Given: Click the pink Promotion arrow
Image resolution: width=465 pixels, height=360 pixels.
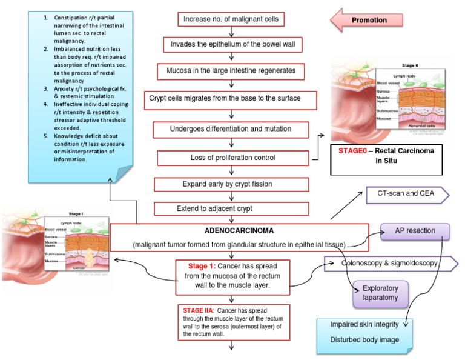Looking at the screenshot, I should point(368,21).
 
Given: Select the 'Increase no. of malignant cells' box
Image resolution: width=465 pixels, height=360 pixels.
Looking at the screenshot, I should point(231,19).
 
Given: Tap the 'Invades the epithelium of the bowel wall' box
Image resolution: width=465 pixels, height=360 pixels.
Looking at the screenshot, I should point(231,45).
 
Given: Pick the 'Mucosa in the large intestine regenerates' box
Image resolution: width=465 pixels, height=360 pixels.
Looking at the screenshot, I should point(231,71).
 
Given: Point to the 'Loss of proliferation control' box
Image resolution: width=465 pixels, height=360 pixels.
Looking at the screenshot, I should point(232,158).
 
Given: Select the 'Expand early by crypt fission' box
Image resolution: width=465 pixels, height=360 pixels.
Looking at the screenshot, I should point(231,184).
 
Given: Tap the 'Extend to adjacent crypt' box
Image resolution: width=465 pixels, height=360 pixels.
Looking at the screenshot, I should point(231,208).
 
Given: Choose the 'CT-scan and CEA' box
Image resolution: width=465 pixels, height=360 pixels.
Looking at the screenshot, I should point(405,195).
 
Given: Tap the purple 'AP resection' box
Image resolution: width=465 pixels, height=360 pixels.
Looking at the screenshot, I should point(415,232).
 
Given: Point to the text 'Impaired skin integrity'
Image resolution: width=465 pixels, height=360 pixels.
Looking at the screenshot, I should point(366,324).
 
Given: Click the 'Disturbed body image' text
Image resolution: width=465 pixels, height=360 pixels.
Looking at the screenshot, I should point(364,339).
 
